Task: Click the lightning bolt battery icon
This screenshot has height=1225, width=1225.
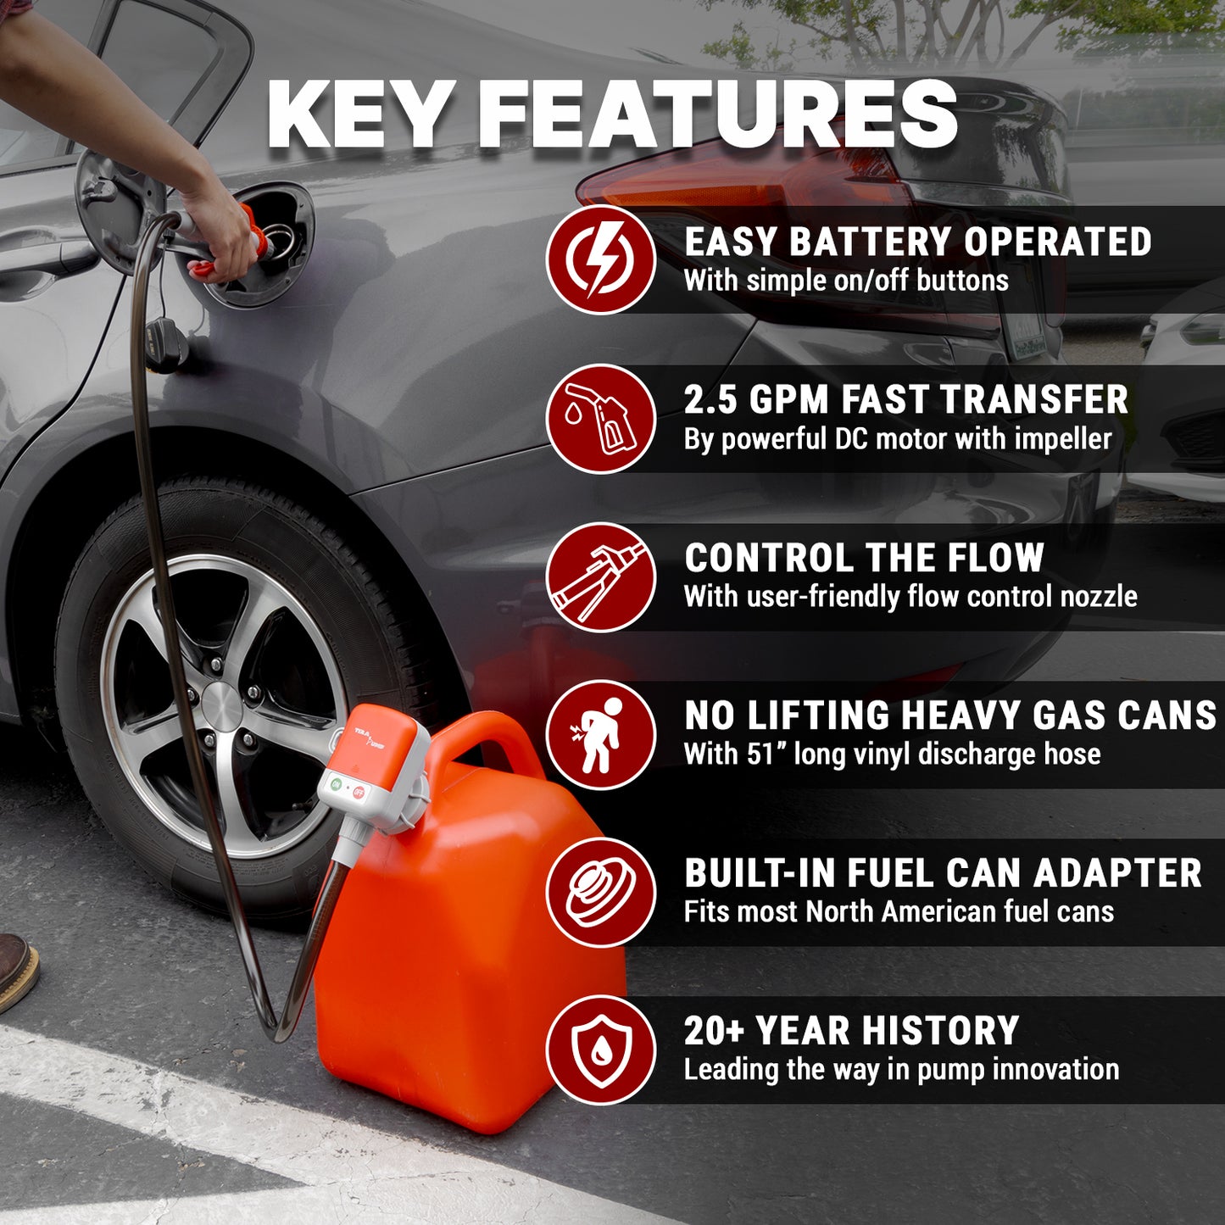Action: (600, 259)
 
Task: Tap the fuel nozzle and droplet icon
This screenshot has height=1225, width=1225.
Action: (600, 418)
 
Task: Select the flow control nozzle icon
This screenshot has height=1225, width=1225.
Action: (600, 576)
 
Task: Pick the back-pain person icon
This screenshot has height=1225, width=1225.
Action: (600, 734)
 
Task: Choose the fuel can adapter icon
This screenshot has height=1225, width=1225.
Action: (600, 892)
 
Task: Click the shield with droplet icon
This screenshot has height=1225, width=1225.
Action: (600, 1050)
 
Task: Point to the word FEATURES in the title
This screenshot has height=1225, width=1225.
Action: (717, 115)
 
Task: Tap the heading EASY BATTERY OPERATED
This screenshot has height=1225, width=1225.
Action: (917, 242)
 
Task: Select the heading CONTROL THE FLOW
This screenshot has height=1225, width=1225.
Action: (864, 558)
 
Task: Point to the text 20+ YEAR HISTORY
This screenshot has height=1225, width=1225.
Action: (851, 1031)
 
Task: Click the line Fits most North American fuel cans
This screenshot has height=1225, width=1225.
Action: (899, 912)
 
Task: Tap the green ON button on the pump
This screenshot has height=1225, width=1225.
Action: (336, 785)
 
